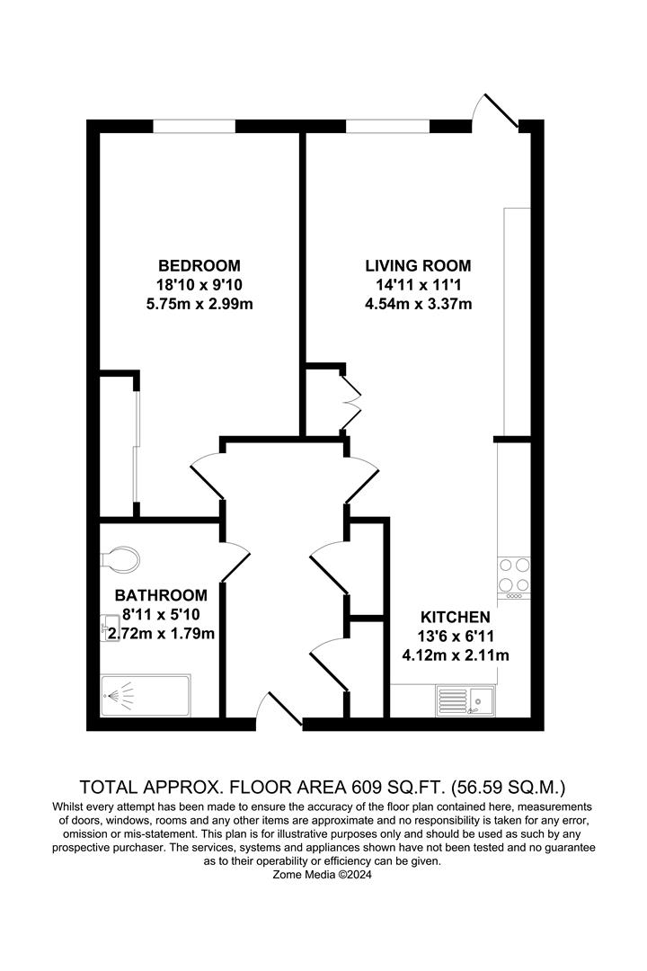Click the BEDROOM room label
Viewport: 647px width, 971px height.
tap(199, 265)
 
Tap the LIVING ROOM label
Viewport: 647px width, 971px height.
tap(418, 265)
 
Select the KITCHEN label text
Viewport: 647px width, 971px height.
tap(455, 617)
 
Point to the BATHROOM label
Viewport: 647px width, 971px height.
tap(161, 595)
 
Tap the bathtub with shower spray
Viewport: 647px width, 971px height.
tap(146, 695)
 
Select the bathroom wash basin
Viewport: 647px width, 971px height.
tap(111, 628)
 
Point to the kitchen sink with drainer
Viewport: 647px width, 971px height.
tap(465, 700)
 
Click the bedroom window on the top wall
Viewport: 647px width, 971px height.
tap(194, 127)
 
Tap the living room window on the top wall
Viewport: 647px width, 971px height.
tap(387, 127)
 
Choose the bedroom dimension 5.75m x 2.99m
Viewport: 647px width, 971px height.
tap(199, 304)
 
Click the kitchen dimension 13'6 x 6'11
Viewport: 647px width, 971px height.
tap(456, 636)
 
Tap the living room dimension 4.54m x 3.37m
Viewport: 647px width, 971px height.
tap(419, 304)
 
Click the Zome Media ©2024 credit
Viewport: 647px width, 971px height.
tap(323, 875)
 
